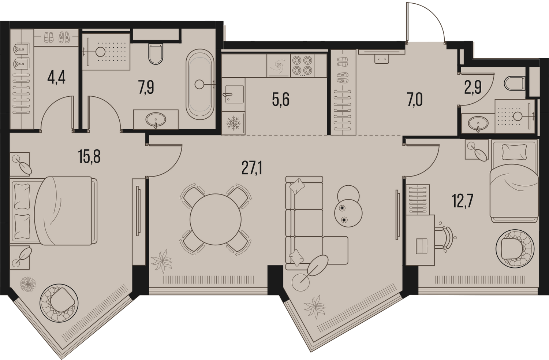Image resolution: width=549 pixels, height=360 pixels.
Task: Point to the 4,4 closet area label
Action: tap(56, 78)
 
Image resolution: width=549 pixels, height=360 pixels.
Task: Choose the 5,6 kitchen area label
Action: tap(281, 100)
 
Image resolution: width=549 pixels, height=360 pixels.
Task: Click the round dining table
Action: tap(216, 219)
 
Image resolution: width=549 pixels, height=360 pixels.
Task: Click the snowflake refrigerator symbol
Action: tap(233, 123)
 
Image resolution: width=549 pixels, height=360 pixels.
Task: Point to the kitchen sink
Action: tap(234, 94)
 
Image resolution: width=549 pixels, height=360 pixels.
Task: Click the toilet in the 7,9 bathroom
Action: tap(156, 54)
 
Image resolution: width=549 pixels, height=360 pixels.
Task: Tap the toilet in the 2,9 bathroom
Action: tap(515, 83)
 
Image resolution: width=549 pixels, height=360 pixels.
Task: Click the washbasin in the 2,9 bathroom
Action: tap(478, 123)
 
